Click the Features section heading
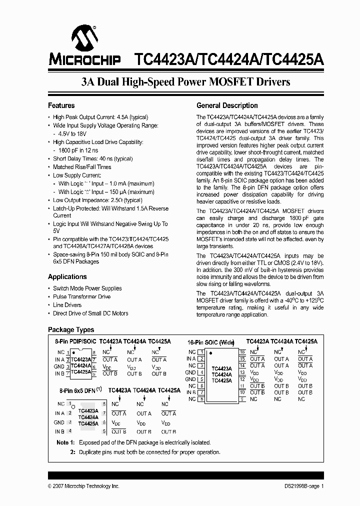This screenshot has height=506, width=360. click(x=61, y=105)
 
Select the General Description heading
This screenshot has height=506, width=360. click(x=227, y=105)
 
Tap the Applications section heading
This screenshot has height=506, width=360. click(x=67, y=276)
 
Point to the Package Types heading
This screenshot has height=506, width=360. click(x=70, y=330)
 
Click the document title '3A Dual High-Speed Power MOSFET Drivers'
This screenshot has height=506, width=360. click(x=185, y=81)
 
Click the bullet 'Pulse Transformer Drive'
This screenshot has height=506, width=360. click(x=81, y=296)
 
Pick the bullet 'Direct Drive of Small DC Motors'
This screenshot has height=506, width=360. click(x=90, y=313)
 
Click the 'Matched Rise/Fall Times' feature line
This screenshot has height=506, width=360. click(x=82, y=167)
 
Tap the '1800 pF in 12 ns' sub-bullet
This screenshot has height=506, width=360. click(x=78, y=150)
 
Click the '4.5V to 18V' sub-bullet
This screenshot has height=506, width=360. click(x=72, y=134)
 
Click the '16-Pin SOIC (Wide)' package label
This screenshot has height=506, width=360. click(x=210, y=342)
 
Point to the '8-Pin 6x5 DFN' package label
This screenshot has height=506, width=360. click(x=78, y=390)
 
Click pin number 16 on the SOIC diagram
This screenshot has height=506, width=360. click(x=242, y=352)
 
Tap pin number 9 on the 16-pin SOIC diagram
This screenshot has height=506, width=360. click(x=242, y=399)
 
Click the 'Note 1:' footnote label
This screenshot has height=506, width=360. click(x=65, y=442)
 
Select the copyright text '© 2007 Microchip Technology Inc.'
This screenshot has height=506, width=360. click(x=83, y=486)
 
